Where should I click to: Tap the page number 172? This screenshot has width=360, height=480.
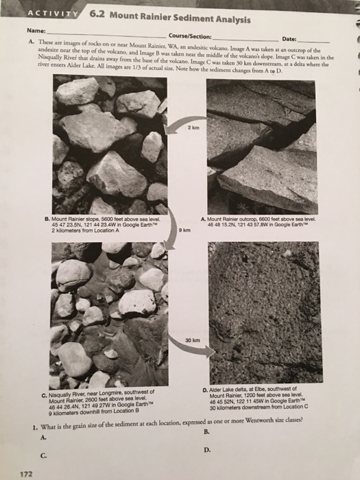tap(25, 472)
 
